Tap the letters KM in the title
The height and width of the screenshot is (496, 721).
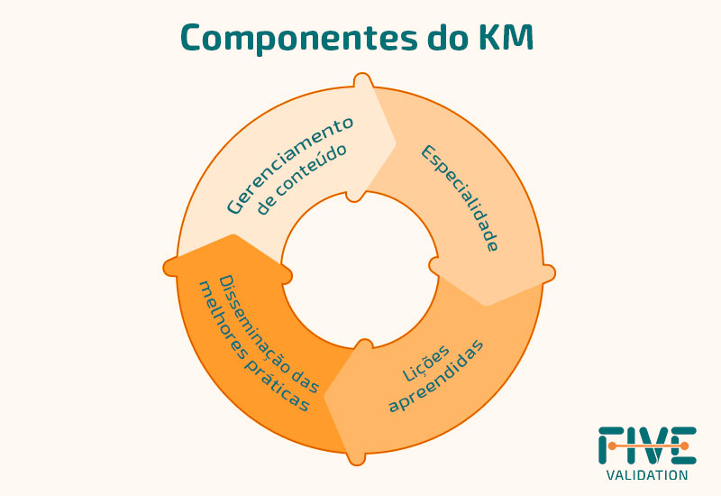pyautogui.click(x=506, y=36)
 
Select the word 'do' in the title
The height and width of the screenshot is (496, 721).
pyautogui.click(x=448, y=36)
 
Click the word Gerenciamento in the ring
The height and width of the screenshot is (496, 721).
pyautogui.click(x=290, y=165)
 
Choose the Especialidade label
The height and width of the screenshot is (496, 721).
pyautogui.click(x=460, y=197)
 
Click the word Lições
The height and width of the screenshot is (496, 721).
pyautogui.click(x=426, y=363)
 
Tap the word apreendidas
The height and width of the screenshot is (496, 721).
pyautogui.click(x=436, y=376)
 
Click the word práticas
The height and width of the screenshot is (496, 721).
pyautogui.click(x=277, y=385)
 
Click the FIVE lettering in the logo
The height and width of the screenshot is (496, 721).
pyautogui.click(x=647, y=445)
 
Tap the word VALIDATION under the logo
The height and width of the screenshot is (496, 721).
pyautogui.click(x=647, y=475)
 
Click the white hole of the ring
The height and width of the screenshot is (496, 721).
pyautogui.click(x=360, y=269)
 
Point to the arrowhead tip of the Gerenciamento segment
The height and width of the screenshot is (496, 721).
pyautogui.click(x=396, y=142)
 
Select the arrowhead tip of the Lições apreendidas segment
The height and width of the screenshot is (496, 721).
pyautogui.click(x=324, y=396)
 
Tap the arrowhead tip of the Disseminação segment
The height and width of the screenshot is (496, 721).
pyautogui.click(x=233, y=234)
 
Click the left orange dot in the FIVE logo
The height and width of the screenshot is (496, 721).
pyautogui.click(x=612, y=445)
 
